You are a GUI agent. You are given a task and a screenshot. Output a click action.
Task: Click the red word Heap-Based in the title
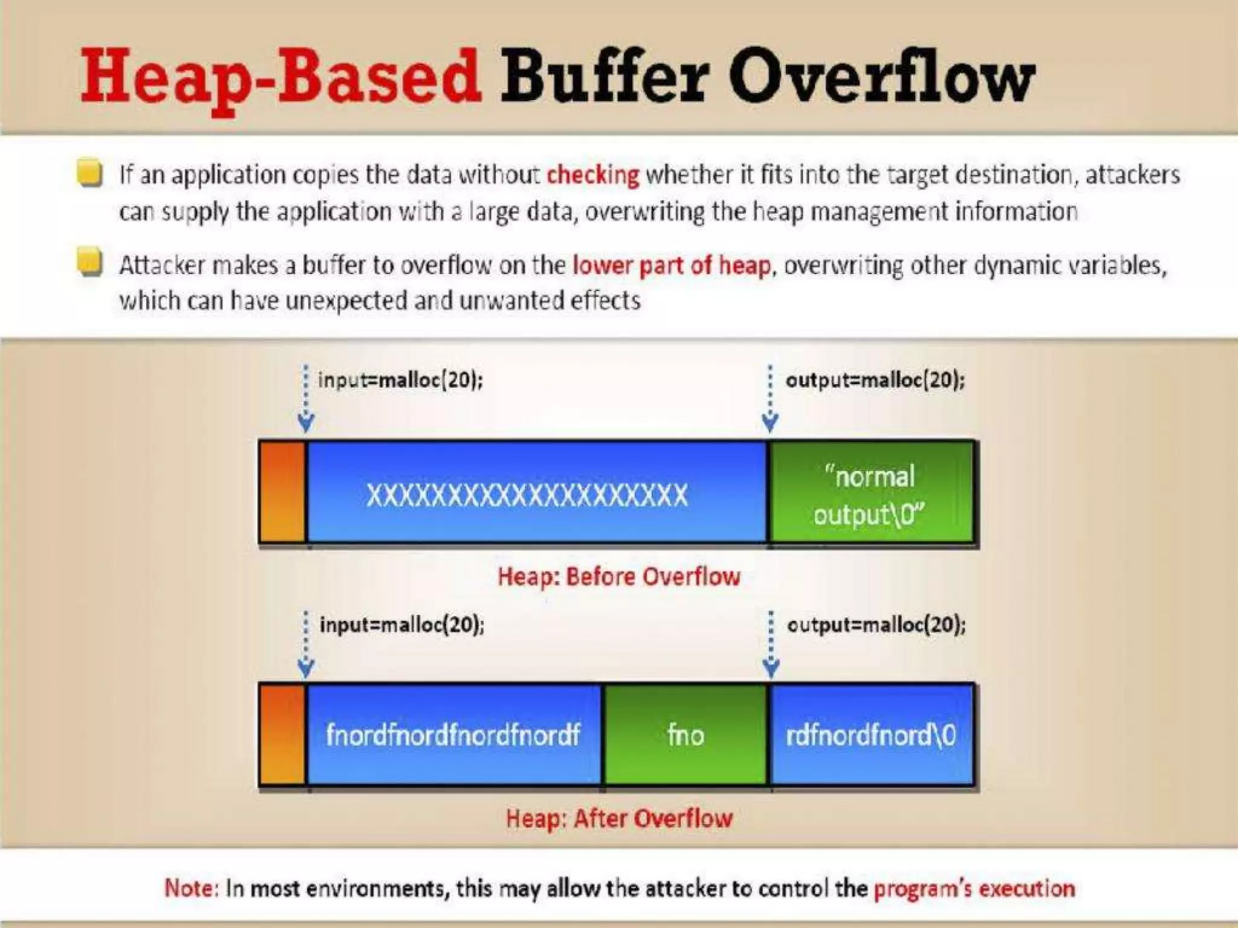[281, 77]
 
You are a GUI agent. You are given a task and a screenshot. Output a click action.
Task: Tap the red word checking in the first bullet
[592, 175]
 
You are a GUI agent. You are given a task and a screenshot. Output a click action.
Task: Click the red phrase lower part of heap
[672, 265]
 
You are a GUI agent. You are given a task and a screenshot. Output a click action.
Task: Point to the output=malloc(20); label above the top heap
[875, 380]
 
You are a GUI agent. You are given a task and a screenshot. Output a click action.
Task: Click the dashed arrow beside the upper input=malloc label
[306, 399]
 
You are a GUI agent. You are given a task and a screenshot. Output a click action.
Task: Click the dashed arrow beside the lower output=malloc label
[771, 644]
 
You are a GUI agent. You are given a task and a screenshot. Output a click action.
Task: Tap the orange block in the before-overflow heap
[282, 492]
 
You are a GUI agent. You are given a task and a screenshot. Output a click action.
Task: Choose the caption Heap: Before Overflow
[618, 576]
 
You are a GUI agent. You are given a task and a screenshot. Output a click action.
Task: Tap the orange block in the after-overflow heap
[282, 735]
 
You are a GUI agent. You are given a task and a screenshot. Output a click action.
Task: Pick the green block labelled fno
[685, 735]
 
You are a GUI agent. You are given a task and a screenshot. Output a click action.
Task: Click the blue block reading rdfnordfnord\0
[871, 735]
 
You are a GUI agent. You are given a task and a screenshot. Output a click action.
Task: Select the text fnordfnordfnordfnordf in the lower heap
[453, 735]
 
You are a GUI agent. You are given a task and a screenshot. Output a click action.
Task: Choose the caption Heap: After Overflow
[619, 819]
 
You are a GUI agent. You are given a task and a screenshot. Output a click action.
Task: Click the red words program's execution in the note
[974, 889]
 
